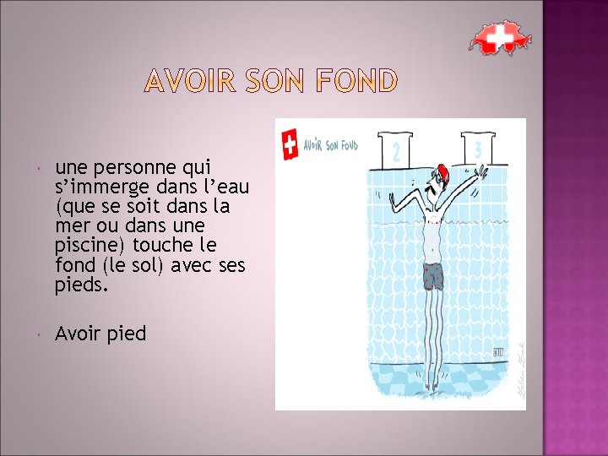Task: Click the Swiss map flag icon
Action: pyautogui.click(x=500, y=37)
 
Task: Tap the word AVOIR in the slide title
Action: pyautogui.click(x=190, y=81)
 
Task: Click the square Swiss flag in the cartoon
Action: pyautogui.click(x=290, y=144)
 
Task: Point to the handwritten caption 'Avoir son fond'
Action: pyautogui.click(x=330, y=145)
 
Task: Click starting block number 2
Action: pyautogui.click(x=395, y=150)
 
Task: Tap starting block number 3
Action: pyautogui.click(x=478, y=149)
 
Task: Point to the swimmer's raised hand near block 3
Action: pyautogui.click(x=481, y=171)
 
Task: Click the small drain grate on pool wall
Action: pyautogui.click(x=499, y=352)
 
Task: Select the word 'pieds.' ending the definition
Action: pyautogui.click(x=81, y=285)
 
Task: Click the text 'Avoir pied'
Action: pyautogui.click(x=100, y=334)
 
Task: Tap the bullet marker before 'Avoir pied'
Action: pyautogui.click(x=38, y=334)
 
